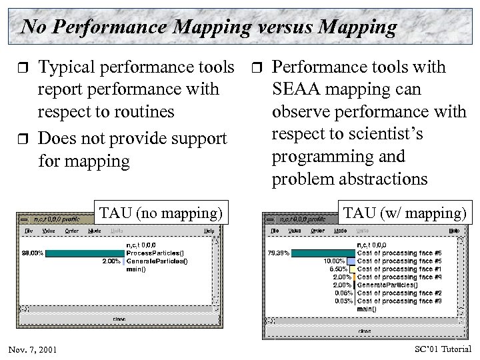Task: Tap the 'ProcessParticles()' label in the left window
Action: pyautogui.click(x=155, y=253)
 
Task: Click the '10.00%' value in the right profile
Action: pyautogui.click(x=335, y=261)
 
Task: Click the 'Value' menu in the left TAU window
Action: pyautogui.click(x=48, y=230)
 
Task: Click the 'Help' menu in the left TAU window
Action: pyautogui.click(x=209, y=230)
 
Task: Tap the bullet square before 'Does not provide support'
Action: pyautogui.click(x=23, y=139)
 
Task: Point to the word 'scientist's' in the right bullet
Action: pyautogui.click(x=386, y=134)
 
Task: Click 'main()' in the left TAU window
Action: pyautogui.click(x=137, y=269)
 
